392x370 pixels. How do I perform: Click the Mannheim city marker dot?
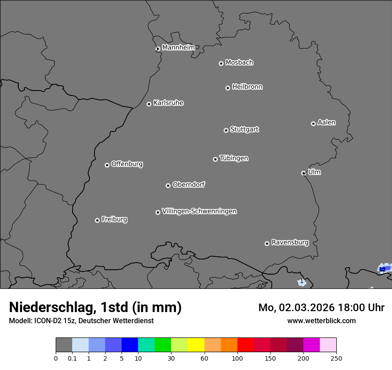click(x=158, y=49)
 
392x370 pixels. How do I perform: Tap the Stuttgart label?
click(x=244, y=130)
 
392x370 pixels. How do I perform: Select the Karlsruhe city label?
click(x=168, y=103)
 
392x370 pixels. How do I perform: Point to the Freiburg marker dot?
click(x=97, y=220)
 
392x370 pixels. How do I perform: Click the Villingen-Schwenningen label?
click(x=199, y=211)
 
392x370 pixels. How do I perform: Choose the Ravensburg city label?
click(x=290, y=243)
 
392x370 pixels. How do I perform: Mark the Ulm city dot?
click(x=303, y=173)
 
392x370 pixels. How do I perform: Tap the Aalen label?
click(x=327, y=123)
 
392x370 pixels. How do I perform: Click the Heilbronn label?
click(x=247, y=87)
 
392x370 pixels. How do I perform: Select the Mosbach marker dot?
click(x=221, y=63)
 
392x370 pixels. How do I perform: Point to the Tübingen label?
click(x=234, y=158)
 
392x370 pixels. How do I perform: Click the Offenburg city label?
click(x=127, y=164)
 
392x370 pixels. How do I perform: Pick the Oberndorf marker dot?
click(x=168, y=185)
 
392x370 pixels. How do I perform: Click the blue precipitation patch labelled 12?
click(x=383, y=269)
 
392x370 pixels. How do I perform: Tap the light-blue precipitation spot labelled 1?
click(x=302, y=282)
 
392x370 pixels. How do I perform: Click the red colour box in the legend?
click(x=245, y=345)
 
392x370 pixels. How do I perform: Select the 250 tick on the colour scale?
click(x=336, y=358)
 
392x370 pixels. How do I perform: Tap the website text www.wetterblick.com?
click(x=321, y=321)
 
